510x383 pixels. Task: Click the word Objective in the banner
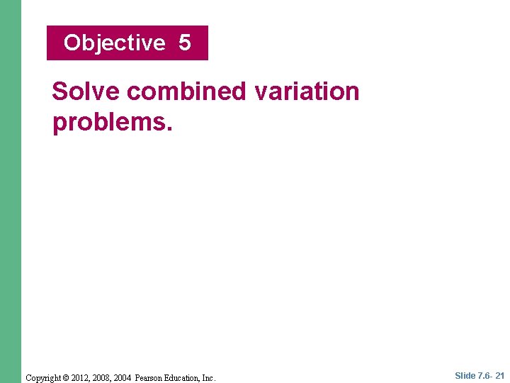pos(114,43)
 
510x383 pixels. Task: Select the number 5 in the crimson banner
pos(185,43)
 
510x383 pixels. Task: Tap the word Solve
pos(86,91)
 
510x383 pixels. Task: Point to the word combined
pos(186,91)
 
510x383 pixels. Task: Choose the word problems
pos(109,122)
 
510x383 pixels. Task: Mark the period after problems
pos(169,129)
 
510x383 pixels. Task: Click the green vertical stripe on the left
pos(11,191)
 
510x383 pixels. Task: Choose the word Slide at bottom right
pos(465,376)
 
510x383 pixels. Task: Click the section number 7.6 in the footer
pos(486,376)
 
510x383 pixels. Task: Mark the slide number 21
pos(500,376)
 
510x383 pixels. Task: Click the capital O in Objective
pos(72,43)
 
